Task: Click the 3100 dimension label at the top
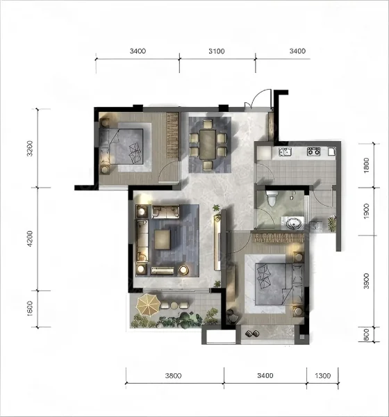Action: pyautogui.click(x=217, y=51)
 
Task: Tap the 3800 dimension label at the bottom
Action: pyautogui.click(x=174, y=375)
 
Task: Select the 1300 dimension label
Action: pyautogui.click(x=323, y=375)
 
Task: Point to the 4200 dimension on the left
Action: pyautogui.click(x=30, y=238)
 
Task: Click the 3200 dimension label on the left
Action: pyautogui.click(x=30, y=148)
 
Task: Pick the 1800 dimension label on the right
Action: pyautogui.click(x=366, y=165)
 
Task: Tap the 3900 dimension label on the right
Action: pyautogui.click(x=366, y=281)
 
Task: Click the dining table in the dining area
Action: pyautogui.click(x=208, y=144)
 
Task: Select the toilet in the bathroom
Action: pyautogui.click(x=272, y=198)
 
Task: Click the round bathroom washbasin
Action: pyautogui.click(x=293, y=223)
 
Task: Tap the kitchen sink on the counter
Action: pyautogui.click(x=285, y=152)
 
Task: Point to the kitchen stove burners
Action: pyautogui.click(x=313, y=152)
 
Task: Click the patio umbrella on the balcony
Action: pyautogui.click(x=148, y=304)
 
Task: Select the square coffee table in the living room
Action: pyautogui.click(x=163, y=240)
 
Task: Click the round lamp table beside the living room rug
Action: pyautogui.click(x=183, y=270)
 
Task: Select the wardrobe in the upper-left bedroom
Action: pyautogui.click(x=172, y=136)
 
